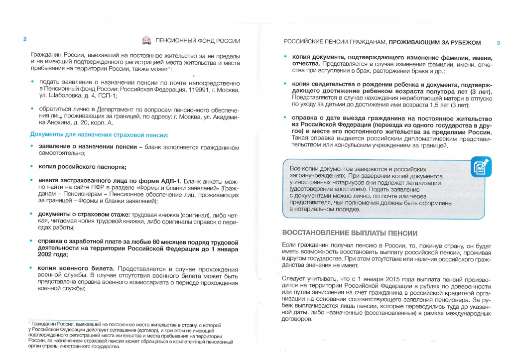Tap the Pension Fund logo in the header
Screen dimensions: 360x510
[147, 40]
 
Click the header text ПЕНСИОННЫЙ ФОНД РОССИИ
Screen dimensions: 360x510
[198, 41]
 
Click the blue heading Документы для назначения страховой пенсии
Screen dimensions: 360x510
[100, 134]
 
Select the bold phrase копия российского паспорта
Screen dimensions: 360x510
[82, 166]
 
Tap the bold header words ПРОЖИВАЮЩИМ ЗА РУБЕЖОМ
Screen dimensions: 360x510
[435, 42]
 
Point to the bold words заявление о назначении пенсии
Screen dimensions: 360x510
[87, 147]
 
